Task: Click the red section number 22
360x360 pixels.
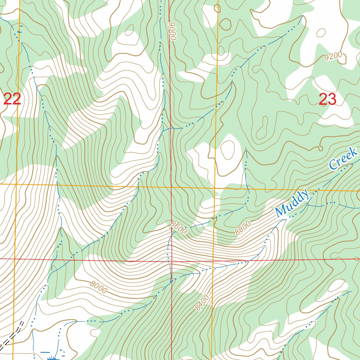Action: tap(12, 99)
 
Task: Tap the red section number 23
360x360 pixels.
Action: tap(327, 100)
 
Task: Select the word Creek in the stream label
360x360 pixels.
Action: tap(343, 159)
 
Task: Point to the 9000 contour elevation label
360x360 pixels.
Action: tap(172, 31)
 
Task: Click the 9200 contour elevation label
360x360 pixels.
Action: tap(333, 57)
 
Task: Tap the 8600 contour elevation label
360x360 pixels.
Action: tap(179, 227)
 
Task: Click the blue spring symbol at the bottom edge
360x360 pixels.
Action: tap(53, 358)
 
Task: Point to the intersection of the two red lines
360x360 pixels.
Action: tap(171, 261)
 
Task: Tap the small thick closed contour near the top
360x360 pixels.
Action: tap(225, 24)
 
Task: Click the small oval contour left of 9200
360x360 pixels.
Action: tap(321, 33)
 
